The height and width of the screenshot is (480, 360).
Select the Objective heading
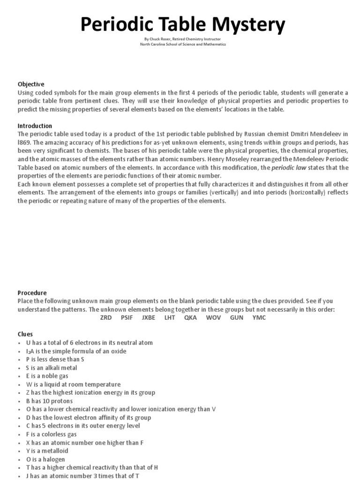point(31,84)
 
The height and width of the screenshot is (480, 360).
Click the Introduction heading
point(35,126)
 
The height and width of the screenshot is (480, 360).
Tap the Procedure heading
point(32,292)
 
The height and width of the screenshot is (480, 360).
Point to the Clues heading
point(25,334)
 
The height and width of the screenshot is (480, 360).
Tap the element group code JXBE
point(149,317)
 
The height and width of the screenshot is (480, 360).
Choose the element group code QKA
point(190,317)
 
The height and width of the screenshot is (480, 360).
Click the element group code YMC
point(259,317)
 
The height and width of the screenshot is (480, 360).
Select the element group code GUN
point(237,317)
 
